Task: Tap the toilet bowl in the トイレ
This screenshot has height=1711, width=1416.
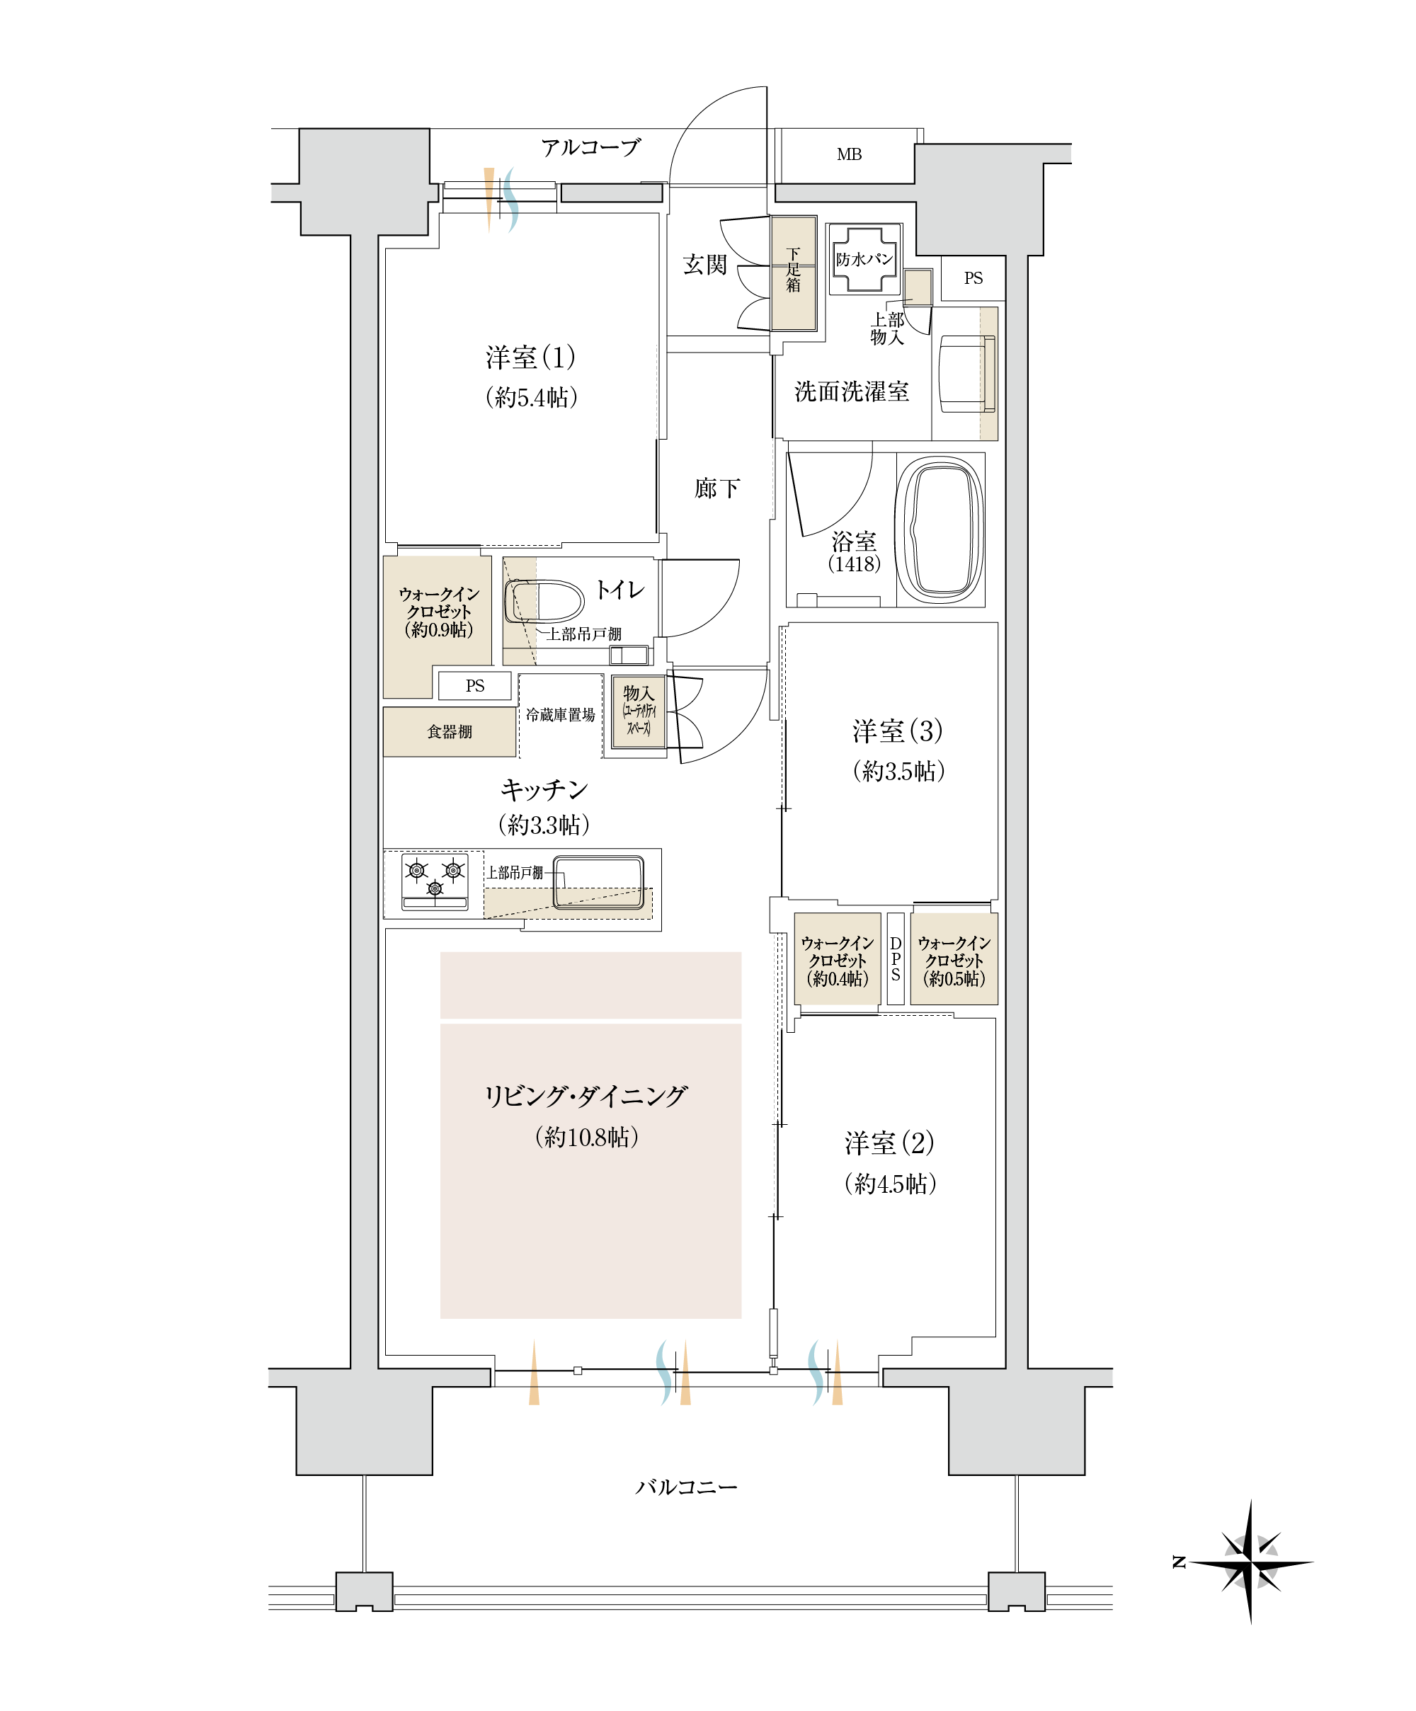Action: tap(544, 601)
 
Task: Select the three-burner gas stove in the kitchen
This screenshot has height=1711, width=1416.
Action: tap(435, 880)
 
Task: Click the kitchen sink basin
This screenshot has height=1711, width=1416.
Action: tap(599, 881)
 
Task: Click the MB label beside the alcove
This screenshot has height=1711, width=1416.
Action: tap(848, 155)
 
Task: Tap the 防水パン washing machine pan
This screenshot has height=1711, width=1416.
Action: tap(864, 259)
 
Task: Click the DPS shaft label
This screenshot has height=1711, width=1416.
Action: tap(896, 958)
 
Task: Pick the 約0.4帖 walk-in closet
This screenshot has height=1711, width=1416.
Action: tap(837, 961)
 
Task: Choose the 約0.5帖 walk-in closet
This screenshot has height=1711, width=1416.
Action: tap(953, 961)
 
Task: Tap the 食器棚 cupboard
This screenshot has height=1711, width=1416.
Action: tap(449, 732)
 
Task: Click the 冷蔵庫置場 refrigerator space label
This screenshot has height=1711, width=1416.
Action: tap(560, 714)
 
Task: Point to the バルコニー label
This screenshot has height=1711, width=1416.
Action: tap(686, 1487)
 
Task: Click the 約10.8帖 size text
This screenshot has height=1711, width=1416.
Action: tap(587, 1137)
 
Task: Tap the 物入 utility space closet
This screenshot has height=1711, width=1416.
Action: tap(639, 711)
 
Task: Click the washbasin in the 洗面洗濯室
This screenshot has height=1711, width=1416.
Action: tap(966, 374)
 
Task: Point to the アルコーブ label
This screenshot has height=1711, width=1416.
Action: tap(590, 147)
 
